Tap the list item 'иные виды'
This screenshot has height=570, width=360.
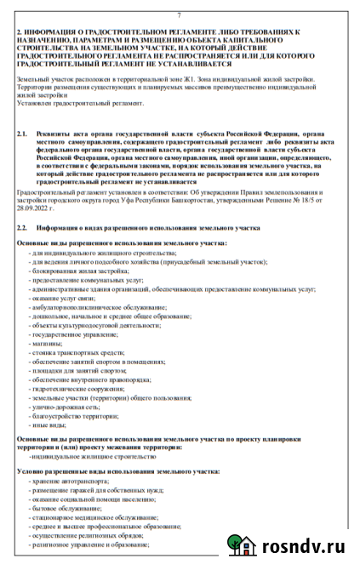pos(48,425)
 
